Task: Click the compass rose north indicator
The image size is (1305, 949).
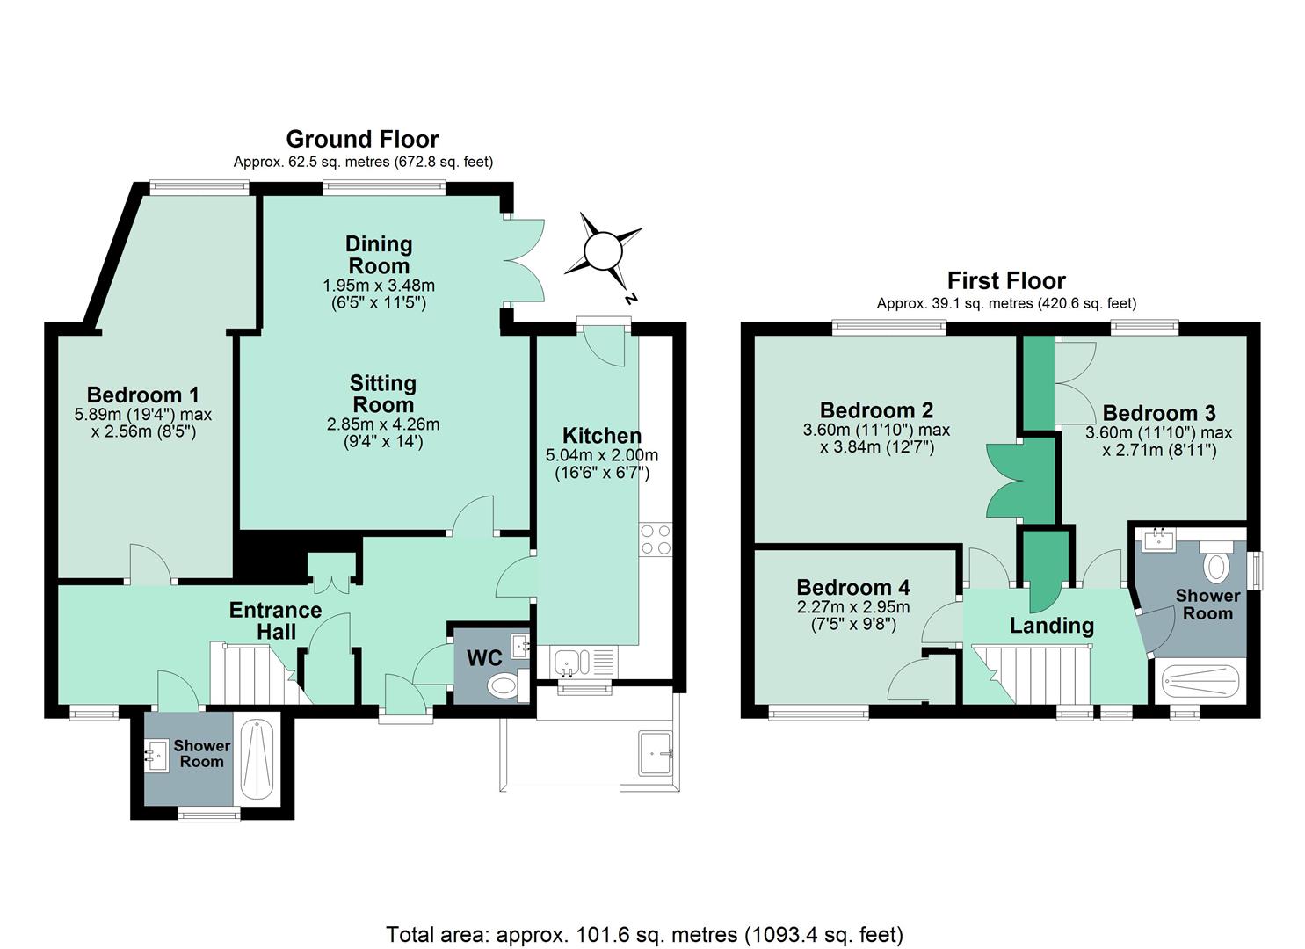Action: point(604,251)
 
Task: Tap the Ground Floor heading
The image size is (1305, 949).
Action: point(362,139)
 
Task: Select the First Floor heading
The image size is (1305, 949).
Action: point(1006,281)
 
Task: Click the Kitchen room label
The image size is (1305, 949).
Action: point(602,435)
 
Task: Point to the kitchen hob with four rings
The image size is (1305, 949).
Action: point(656,540)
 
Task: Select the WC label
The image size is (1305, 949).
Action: point(484,658)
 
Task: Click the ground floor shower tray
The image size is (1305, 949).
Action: point(257,760)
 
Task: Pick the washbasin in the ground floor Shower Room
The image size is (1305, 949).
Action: point(156,756)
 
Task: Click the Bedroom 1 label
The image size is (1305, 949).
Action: point(142,395)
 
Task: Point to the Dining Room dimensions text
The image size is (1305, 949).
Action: point(379,294)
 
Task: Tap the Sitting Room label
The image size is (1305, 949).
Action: point(383,394)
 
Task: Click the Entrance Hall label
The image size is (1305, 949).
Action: point(275,620)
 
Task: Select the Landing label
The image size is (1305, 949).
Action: point(1052,626)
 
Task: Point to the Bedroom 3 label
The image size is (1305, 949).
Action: point(1159,413)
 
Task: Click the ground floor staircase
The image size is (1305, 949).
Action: point(259,673)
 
